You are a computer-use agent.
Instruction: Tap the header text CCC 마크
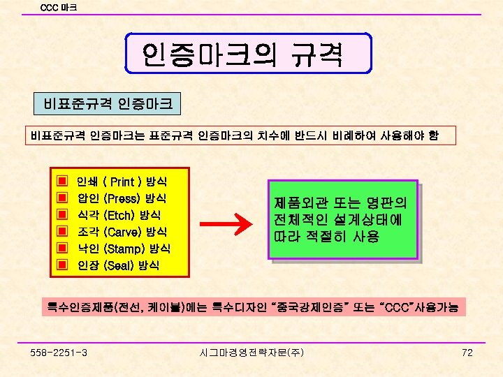59,8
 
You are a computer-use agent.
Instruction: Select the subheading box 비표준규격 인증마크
108,105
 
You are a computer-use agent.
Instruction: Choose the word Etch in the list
119,215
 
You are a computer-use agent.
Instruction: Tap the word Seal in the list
118,265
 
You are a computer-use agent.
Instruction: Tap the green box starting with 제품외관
342,220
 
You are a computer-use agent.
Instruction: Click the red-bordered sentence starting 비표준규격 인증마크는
234,135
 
